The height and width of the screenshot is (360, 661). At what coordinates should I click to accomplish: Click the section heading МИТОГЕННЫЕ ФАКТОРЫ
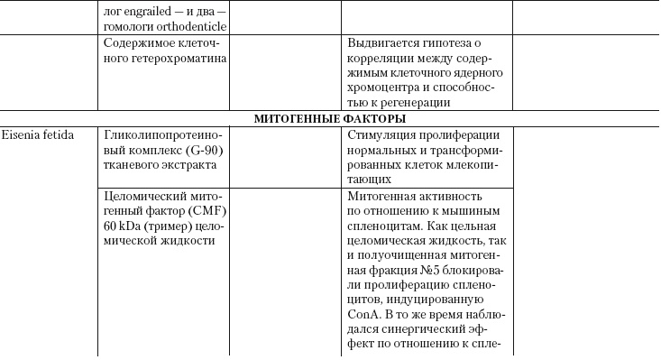pyautogui.click(x=329, y=118)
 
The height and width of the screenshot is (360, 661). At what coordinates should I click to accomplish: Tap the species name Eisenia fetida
pyautogui.click(x=37, y=134)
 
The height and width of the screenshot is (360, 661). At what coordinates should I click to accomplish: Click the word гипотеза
pyautogui.click(x=452, y=42)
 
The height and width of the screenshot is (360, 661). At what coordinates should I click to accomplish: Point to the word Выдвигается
pyautogui.click(x=382, y=42)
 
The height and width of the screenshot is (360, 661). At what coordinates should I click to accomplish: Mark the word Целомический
pyautogui.click(x=144, y=196)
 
